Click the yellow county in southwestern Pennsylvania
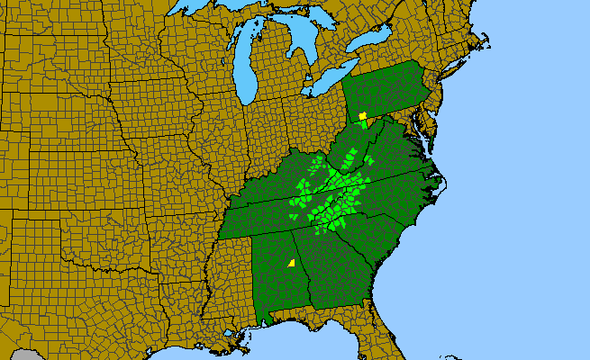[x=362, y=116]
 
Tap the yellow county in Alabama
[x=292, y=263]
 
